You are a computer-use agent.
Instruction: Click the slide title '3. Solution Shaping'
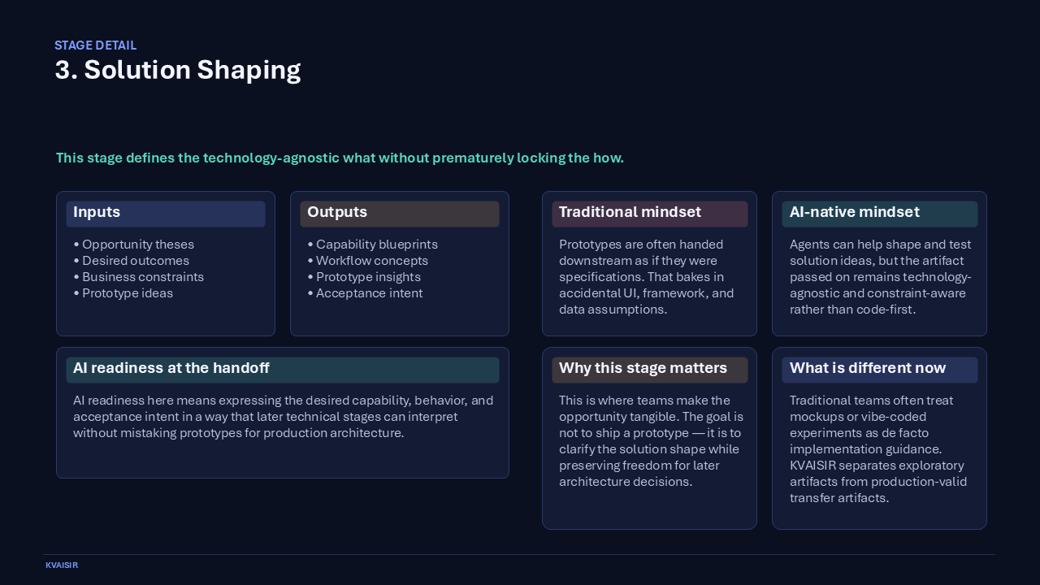[x=178, y=70]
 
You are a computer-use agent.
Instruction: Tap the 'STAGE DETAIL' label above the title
[x=95, y=45]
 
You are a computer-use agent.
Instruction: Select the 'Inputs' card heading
[x=97, y=212]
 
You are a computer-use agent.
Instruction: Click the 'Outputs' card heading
[x=337, y=212]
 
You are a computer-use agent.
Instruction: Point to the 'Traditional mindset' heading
[x=630, y=212]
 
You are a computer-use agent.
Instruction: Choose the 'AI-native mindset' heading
[x=855, y=212]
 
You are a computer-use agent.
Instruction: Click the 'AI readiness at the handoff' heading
[x=171, y=368]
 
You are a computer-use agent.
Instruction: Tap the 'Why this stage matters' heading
[x=643, y=368]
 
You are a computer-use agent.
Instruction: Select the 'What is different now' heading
[x=868, y=368]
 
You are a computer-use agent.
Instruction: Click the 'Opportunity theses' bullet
[x=138, y=245]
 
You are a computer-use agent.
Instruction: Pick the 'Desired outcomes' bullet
[x=136, y=261]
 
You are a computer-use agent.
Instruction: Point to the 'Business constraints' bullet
[x=143, y=277]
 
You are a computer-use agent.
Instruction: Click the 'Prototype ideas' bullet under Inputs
[x=128, y=293]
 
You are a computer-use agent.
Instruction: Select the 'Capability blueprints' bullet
[x=377, y=245]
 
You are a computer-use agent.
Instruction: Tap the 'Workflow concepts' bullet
[x=372, y=261]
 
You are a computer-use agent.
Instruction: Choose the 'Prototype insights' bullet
[x=368, y=277]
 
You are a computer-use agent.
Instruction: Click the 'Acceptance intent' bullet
[x=369, y=293]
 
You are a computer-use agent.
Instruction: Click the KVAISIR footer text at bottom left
[x=62, y=565]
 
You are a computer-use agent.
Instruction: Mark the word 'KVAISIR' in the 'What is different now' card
[x=816, y=466]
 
